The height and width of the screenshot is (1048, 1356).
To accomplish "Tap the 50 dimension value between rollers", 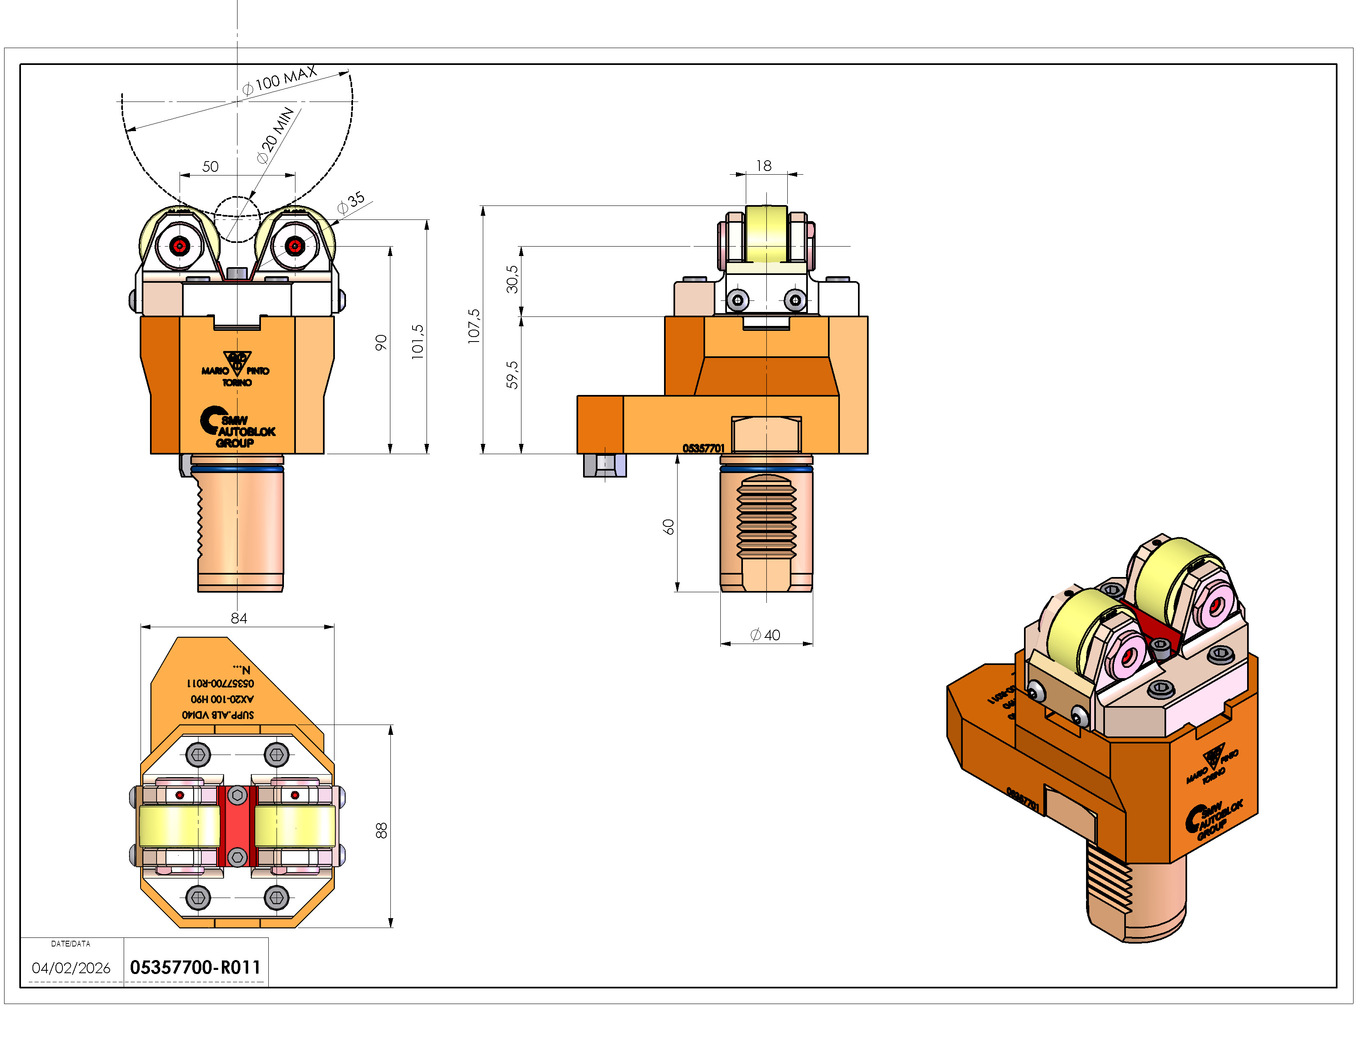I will pyautogui.click(x=210, y=166).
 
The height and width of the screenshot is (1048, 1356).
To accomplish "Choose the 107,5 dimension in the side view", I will pyautogui.click(x=474, y=326).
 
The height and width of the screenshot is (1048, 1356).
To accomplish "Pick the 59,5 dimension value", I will pyautogui.click(x=512, y=374).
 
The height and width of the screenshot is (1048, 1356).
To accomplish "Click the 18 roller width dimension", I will pyautogui.click(x=764, y=166).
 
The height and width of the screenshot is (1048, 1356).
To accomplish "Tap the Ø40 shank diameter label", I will pyautogui.click(x=765, y=635).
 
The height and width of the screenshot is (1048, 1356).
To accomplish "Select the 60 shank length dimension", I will pyautogui.click(x=668, y=527).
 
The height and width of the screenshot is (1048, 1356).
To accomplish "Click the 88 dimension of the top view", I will pyautogui.click(x=381, y=830).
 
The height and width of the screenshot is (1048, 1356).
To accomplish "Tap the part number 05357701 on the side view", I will pyautogui.click(x=703, y=448).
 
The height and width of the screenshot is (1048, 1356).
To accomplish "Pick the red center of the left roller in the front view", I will pyautogui.click(x=180, y=246).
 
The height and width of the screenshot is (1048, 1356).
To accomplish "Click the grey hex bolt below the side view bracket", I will pyautogui.click(x=605, y=465).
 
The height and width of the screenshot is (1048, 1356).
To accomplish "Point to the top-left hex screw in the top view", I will pyautogui.click(x=198, y=755).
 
